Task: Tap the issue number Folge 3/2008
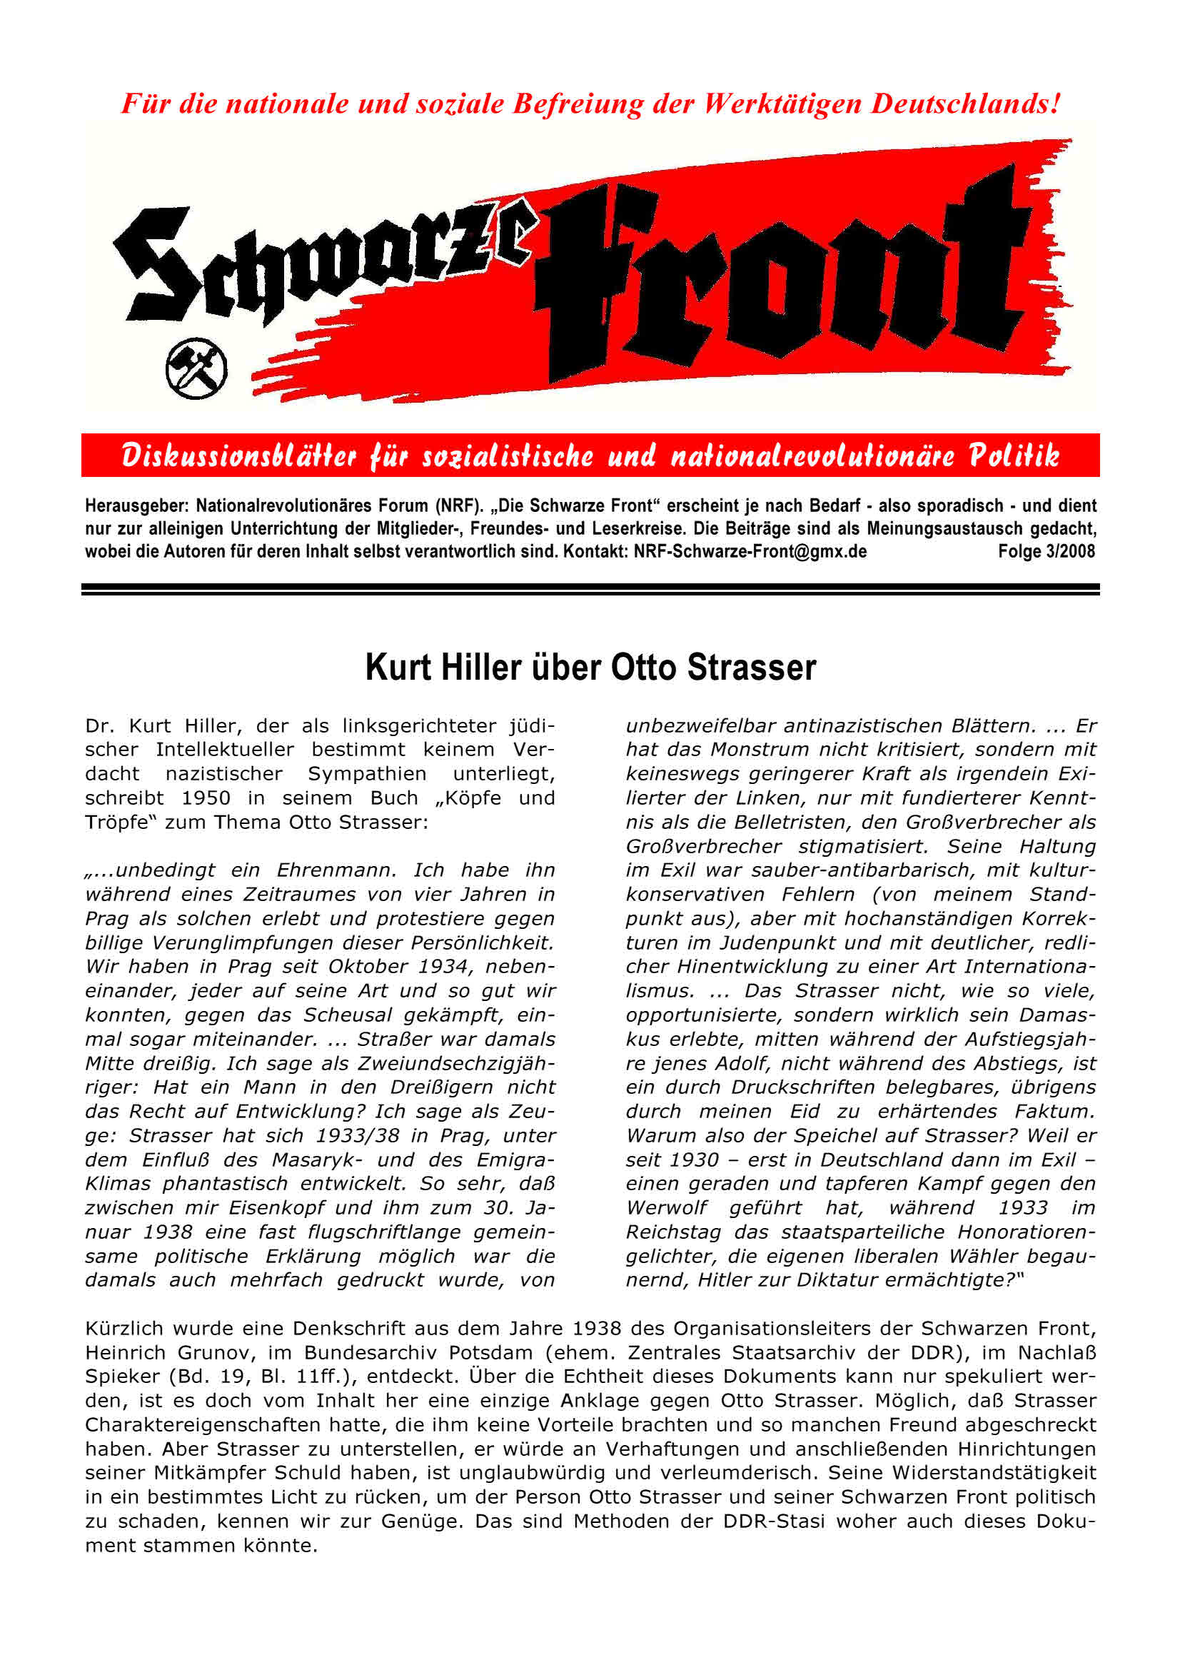click(x=1046, y=551)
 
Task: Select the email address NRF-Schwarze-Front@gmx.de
click(x=750, y=551)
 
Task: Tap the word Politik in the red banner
click(x=1014, y=456)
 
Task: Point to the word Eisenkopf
click(x=276, y=1208)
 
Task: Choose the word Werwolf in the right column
click(x=667, y=1208)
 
